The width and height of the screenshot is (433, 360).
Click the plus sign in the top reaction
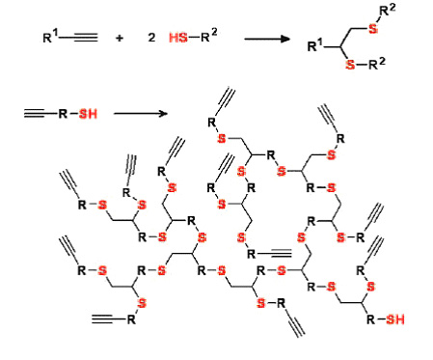click(x=120, y=39)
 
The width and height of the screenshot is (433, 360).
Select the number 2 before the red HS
click(x=151, y=38)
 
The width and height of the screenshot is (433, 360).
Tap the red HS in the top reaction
click(x=178, y=38)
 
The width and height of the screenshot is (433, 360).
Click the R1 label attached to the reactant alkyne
click(x=51, y=37)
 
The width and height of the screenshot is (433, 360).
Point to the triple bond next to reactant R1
click(x=86, y=38)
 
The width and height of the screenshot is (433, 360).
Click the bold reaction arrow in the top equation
click(x=267, y=39)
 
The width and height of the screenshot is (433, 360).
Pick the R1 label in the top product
click(x=315, y=45)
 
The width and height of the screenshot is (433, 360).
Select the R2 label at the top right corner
click(x=388, y=12)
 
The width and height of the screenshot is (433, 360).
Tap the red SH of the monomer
click(x=88, y=114)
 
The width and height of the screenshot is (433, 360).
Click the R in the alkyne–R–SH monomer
click(x=63, y=114)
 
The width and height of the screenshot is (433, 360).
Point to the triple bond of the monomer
click(x=35, y=113)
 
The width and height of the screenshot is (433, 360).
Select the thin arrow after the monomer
click(x=141, y=113)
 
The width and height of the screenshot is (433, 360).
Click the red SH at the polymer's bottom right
click(x=395, y=319)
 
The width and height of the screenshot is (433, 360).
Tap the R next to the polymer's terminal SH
click(x=371, y=319)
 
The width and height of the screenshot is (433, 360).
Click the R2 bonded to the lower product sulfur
click(x=377, y=64)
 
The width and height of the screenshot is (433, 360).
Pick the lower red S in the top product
click(x=350, y=65)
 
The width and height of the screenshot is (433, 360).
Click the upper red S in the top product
click(x=373, y=29)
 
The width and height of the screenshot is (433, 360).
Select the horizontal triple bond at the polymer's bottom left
click(x=102, y=319)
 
